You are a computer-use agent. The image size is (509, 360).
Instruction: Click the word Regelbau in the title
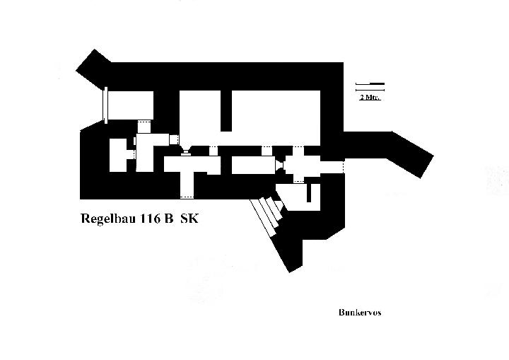pos(108,219)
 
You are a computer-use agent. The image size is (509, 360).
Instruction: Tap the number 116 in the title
pos(150,219)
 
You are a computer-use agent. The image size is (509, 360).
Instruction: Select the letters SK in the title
pos(189,219)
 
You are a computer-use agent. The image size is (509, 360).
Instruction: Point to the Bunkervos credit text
pos(360,313)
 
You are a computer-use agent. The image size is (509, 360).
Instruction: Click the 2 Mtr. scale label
pos(370,97)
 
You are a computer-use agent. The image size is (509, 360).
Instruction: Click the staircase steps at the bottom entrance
pos(268,214)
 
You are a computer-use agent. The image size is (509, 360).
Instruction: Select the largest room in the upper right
pos(276,118)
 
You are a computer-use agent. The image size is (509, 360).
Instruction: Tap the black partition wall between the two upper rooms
pos(226,111)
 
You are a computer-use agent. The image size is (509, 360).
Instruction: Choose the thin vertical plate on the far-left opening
pos(105,105)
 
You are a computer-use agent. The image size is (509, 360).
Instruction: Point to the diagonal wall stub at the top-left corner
pos(93,69)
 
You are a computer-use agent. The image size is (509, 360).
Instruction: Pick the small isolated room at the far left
pos(118,156)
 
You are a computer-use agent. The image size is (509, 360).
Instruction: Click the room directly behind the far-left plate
pos(131,105)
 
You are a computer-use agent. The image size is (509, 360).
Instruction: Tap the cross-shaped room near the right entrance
pos(299,165)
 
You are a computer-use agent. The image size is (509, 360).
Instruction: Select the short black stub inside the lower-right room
pos(309,192)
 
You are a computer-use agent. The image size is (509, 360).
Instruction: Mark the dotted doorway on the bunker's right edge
pos(343,167)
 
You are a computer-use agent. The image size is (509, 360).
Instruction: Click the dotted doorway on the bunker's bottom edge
pos(187,197)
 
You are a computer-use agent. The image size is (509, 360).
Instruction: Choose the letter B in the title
pos(168,219)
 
